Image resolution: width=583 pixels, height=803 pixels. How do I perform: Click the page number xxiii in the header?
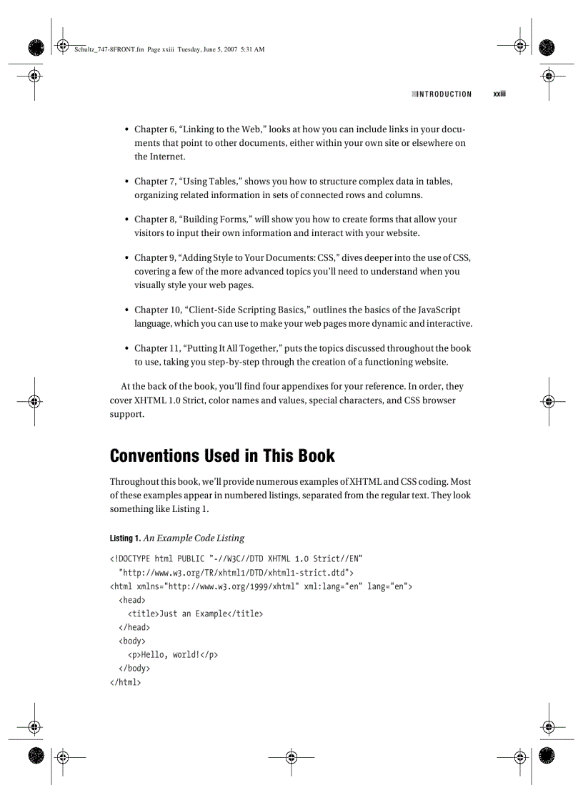(499, 94)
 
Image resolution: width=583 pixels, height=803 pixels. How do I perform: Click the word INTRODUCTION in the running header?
(444, 94)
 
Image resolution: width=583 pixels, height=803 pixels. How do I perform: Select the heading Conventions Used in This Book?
(221, 455)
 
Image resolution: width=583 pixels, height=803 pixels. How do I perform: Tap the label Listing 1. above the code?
(125, 538)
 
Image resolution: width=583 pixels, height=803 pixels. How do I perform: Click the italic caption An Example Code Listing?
(194, 538)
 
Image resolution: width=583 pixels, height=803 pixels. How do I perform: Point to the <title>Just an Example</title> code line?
(195, 614)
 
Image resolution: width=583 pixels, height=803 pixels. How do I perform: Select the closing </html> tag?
(125, 681)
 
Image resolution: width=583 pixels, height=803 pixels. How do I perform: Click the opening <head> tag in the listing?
(132, 600)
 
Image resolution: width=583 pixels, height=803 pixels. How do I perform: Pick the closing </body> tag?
(134, 668)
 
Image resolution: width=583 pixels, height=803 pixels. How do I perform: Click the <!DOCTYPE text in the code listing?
(131, 558)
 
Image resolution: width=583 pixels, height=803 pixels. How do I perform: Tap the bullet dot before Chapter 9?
(126, 258)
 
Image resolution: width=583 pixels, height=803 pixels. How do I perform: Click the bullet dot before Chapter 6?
(126, 130)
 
